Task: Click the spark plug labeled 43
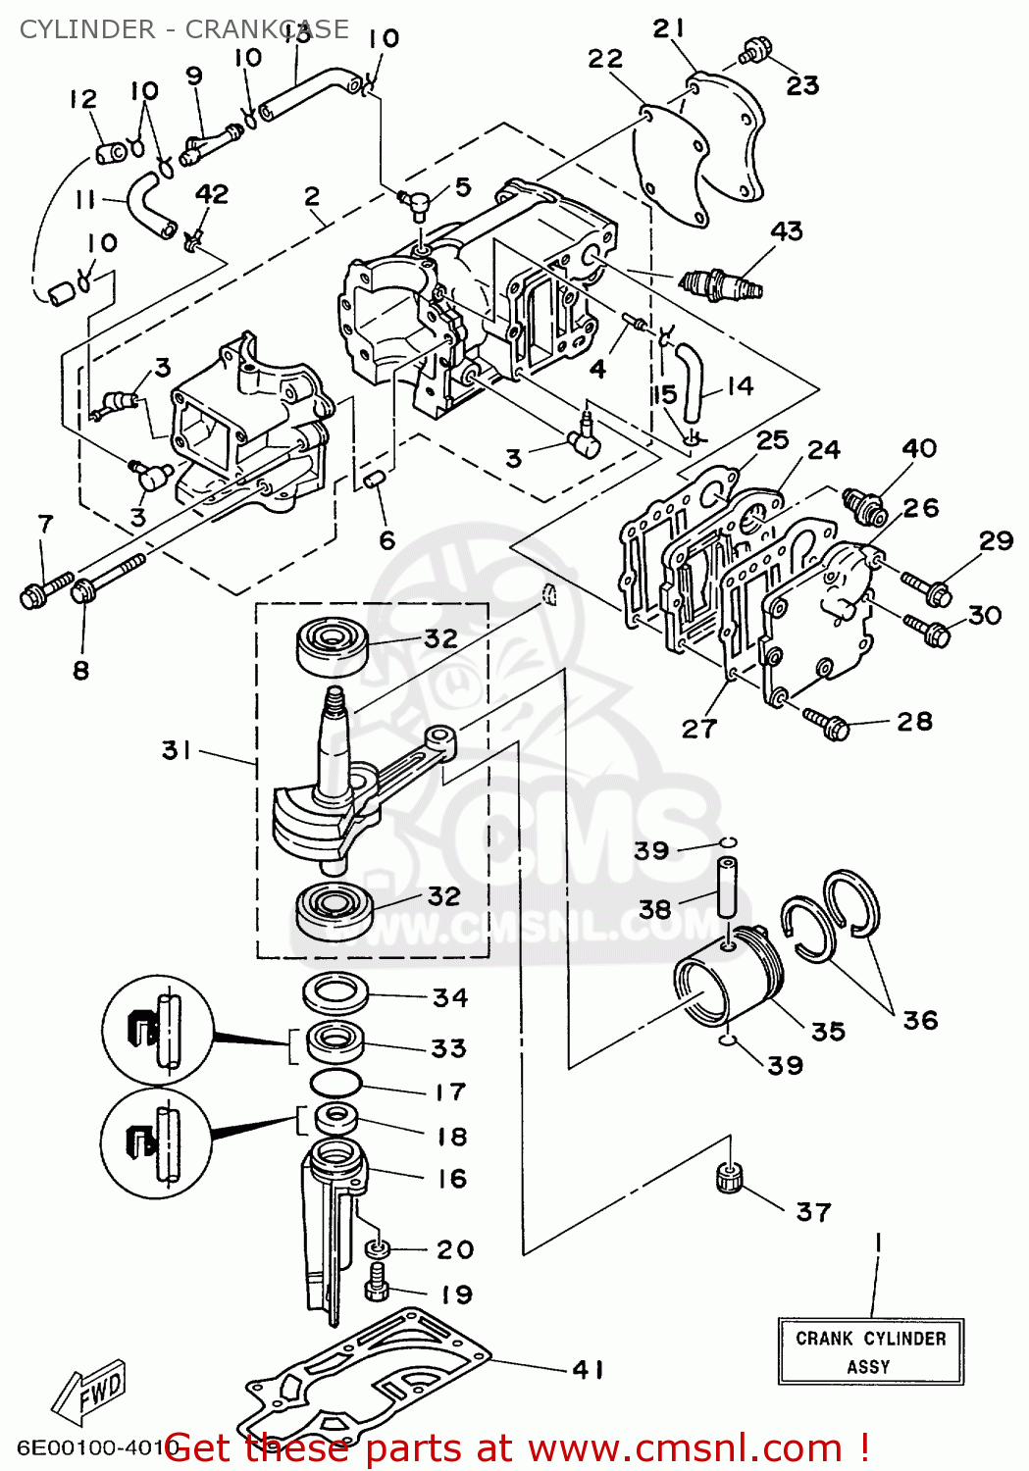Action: [721, 284]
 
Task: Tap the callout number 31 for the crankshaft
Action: [177, 750]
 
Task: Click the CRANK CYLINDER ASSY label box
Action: [870, 1351]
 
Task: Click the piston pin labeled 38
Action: [726, 888]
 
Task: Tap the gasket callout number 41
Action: [588, 1369]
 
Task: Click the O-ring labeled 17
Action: [335, 1084]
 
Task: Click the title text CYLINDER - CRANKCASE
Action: [183, 29]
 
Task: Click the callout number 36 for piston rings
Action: [920, 1020]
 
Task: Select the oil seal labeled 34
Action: [335, 993]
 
